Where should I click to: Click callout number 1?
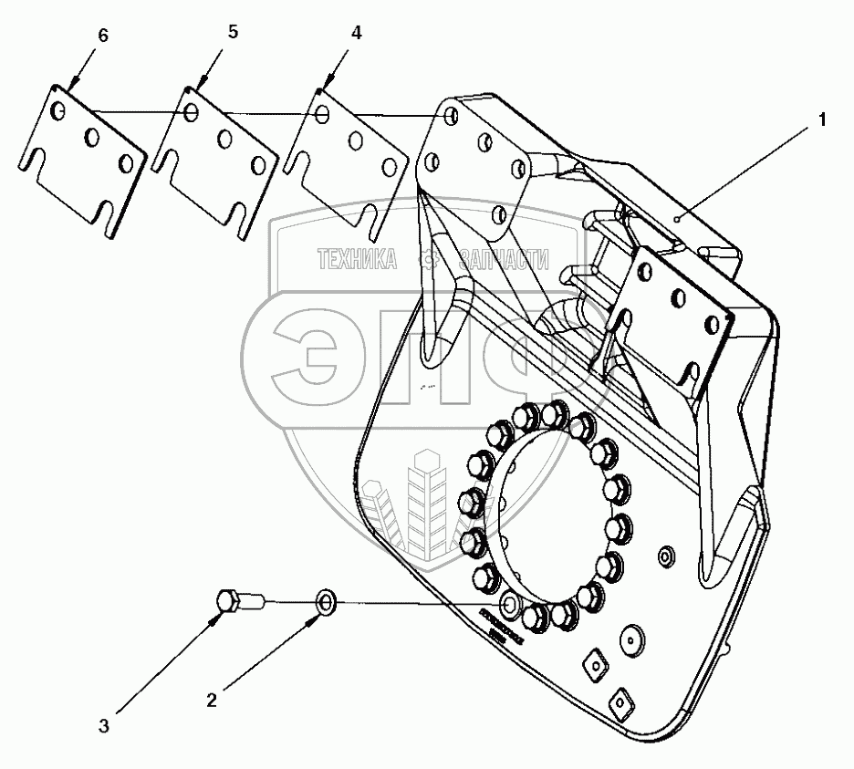tap(822, 120)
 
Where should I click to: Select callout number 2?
tap(212, 701)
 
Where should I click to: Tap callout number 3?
tap(104, 726)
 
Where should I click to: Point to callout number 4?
tap(356, 33)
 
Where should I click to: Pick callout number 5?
tap(233, 32)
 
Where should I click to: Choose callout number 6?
tap(102, 36)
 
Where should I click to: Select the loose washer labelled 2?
tap(327, 602)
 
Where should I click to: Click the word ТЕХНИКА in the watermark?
tap(356, 261)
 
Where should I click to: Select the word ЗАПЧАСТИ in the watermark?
tap(505, 261)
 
